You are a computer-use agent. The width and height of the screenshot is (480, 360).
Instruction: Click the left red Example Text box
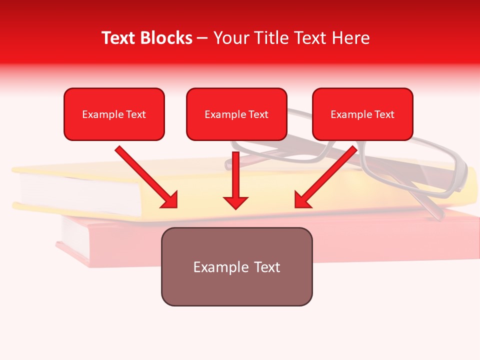[x=114, y=114]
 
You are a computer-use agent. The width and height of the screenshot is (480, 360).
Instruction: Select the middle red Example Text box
[x=236, y=114]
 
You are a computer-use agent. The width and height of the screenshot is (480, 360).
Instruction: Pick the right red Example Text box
[x=362, y=114]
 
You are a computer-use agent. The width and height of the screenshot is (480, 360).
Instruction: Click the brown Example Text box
[x=236, y=266]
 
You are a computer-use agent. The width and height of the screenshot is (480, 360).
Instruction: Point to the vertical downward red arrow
[x=235, y=180]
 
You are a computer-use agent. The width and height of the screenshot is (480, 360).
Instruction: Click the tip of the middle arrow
[x=235, y=207]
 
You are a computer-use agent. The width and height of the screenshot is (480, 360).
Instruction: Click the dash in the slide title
[x=203, y=38]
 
